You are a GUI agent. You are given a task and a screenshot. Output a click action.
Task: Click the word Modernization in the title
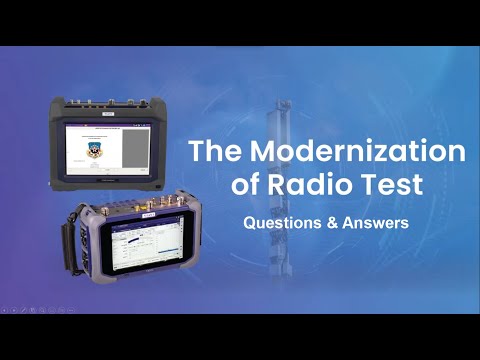[x=370, y=152]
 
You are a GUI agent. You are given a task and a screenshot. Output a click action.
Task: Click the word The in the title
[x=217, y=152]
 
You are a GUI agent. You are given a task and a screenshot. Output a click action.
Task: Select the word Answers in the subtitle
[x=373, y=223]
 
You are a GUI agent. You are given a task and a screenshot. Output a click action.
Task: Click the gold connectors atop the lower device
[x=120, y=211]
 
